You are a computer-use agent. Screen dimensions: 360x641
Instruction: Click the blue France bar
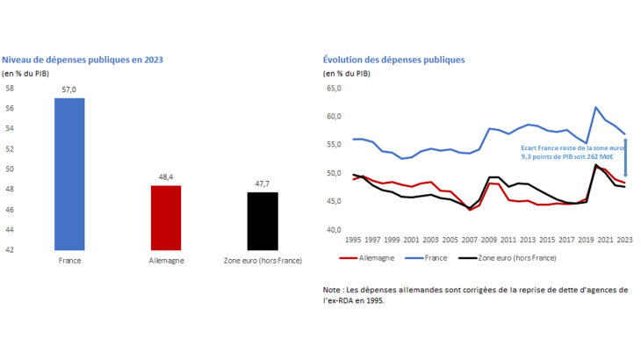[69, 173]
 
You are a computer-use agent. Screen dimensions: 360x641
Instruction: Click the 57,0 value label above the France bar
[69, 90]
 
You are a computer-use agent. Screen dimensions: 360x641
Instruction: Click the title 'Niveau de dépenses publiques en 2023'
[83, 60]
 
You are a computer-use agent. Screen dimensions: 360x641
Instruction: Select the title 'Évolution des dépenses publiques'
[394, 60]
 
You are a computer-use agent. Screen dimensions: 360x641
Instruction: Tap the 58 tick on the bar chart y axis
[10, 89]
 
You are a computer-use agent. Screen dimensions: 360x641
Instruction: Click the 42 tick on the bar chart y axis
[10, 250]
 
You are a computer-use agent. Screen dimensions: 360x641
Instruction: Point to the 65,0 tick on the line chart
[333, 89]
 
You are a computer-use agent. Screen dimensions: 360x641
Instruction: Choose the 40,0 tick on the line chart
[333, 230]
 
